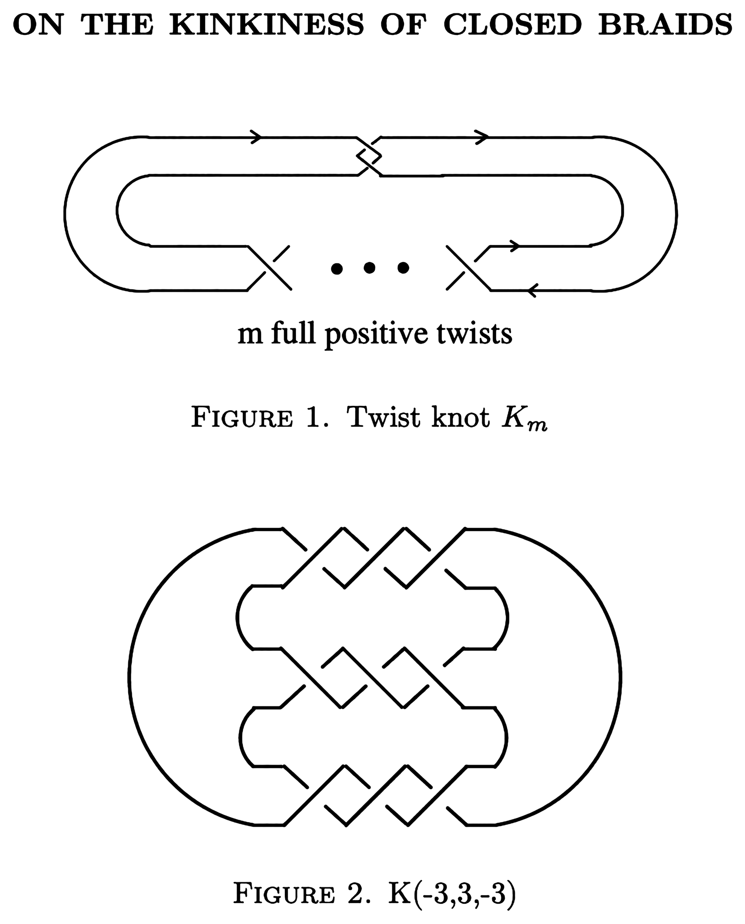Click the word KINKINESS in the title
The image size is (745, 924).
267,25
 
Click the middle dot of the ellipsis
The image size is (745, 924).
369,268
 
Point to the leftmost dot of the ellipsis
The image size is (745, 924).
337,268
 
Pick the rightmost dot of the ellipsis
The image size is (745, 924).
403,268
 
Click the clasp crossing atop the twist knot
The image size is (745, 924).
369,157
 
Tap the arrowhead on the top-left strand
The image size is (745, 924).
256,137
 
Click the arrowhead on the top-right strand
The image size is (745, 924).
482,137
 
